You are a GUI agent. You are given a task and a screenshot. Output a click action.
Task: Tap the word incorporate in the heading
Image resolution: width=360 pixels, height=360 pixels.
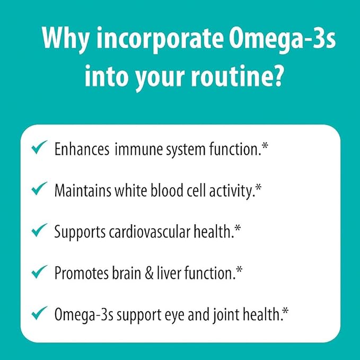(160, 39)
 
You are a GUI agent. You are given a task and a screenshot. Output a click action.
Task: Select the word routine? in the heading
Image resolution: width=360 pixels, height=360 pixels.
(236, 76)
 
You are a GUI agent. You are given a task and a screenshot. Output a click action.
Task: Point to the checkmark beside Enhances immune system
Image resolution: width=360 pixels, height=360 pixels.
(39, 147)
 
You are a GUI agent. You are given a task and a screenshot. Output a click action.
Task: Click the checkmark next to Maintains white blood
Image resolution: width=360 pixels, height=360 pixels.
(39, 189)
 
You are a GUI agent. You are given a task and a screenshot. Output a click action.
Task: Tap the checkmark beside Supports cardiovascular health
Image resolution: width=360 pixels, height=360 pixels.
(39, 230)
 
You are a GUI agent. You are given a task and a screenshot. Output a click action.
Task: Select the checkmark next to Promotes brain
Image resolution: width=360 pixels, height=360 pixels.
(39, 271)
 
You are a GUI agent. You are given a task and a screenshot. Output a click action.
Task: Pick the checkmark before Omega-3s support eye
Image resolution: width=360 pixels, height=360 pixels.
(39, 313)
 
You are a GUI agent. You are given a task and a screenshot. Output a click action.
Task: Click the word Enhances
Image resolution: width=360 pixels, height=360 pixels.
(82, 149)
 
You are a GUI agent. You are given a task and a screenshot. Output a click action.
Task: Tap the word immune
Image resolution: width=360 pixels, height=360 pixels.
(139, 149)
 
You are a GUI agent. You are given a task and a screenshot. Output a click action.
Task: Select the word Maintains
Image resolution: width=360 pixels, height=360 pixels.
(83, 190)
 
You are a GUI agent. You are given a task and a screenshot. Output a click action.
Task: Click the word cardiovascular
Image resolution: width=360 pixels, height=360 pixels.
(150, 232)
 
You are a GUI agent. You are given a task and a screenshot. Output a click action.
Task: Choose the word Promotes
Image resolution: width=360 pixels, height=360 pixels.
(81, 274)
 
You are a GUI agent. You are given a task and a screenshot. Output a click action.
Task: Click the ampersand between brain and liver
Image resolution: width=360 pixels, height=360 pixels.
(149, 274)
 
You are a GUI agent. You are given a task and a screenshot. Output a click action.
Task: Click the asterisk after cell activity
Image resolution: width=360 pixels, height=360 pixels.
(258, 187)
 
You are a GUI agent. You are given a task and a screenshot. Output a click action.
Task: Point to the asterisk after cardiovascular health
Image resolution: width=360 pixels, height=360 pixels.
(238, 229)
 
